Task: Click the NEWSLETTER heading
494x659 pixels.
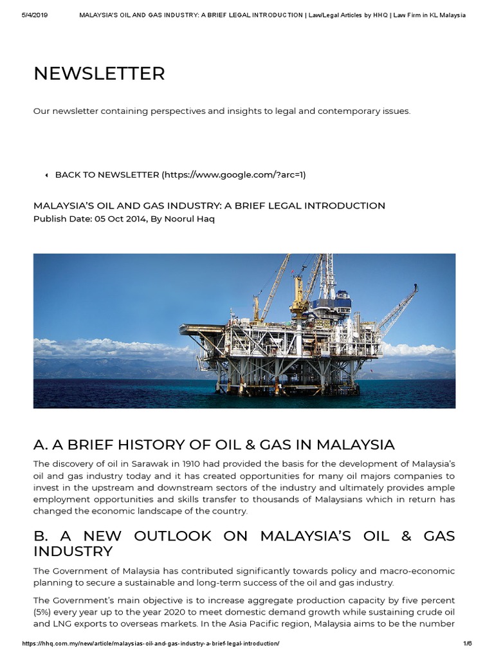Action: (99, 74)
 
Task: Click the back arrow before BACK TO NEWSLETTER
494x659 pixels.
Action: (46, 175)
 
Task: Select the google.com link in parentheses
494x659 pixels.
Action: (233, 175)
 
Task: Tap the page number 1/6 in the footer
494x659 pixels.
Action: (467, 644)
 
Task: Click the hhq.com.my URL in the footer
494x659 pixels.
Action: (151, 644)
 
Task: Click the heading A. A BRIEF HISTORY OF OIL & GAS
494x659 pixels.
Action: (214, 445)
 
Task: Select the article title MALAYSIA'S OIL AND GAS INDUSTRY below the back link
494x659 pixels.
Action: (209, 206)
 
